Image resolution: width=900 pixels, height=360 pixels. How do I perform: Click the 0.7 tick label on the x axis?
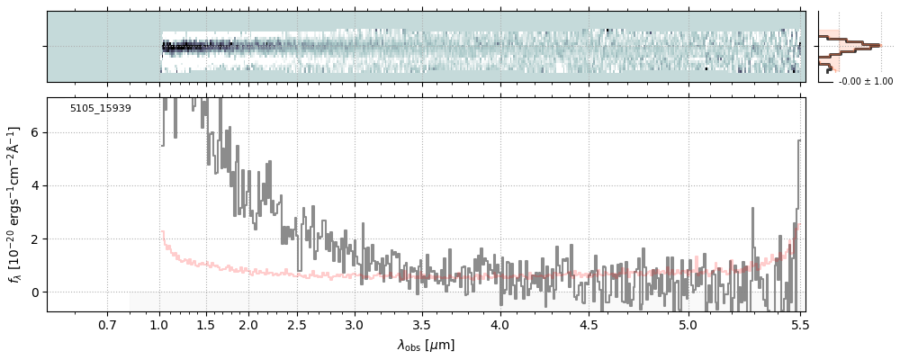pyautogui.click(x=107, y=325)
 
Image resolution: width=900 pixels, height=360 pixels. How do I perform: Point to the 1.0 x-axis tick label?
pyautogui.click(x=160, y=325)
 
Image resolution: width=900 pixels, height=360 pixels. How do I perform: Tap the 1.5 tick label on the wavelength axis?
pyautogui.click(x=205, y=325)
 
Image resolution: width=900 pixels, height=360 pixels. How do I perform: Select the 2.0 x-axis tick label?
pyautogui.click(x=248, y=325)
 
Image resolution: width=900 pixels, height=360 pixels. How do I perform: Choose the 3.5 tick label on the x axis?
pyautogui.click(x=421, y=325)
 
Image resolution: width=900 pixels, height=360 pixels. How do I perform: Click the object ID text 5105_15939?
pyautogui.click(x=101, y=109)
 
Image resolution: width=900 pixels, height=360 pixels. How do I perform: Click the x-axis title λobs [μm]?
pyautogui.click(x=426, y=345)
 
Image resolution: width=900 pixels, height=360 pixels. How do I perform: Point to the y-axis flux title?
pyautogui.click(x=13, y=204)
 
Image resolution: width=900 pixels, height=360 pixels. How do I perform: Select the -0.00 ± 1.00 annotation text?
pyautogui.click(x=865, y=82)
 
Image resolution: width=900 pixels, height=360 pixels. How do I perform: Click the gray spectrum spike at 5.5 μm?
pyautogui.click(x=798, y=144)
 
